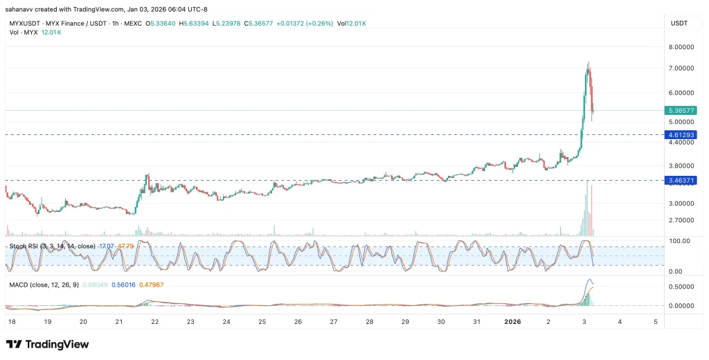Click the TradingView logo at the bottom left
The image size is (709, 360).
(47, 344)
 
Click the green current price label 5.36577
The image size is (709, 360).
(679, 110)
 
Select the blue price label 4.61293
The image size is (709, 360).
(679, 134)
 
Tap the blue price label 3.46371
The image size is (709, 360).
(679, 180)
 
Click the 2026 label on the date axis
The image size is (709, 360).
(512, 322)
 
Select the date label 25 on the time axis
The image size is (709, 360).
(262, 322)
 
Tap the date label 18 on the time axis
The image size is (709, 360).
(12, 322)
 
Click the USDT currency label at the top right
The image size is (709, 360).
(679, 24)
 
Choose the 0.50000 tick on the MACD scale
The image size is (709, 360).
(681, 287)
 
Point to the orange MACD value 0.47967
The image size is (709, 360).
(152, 285)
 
